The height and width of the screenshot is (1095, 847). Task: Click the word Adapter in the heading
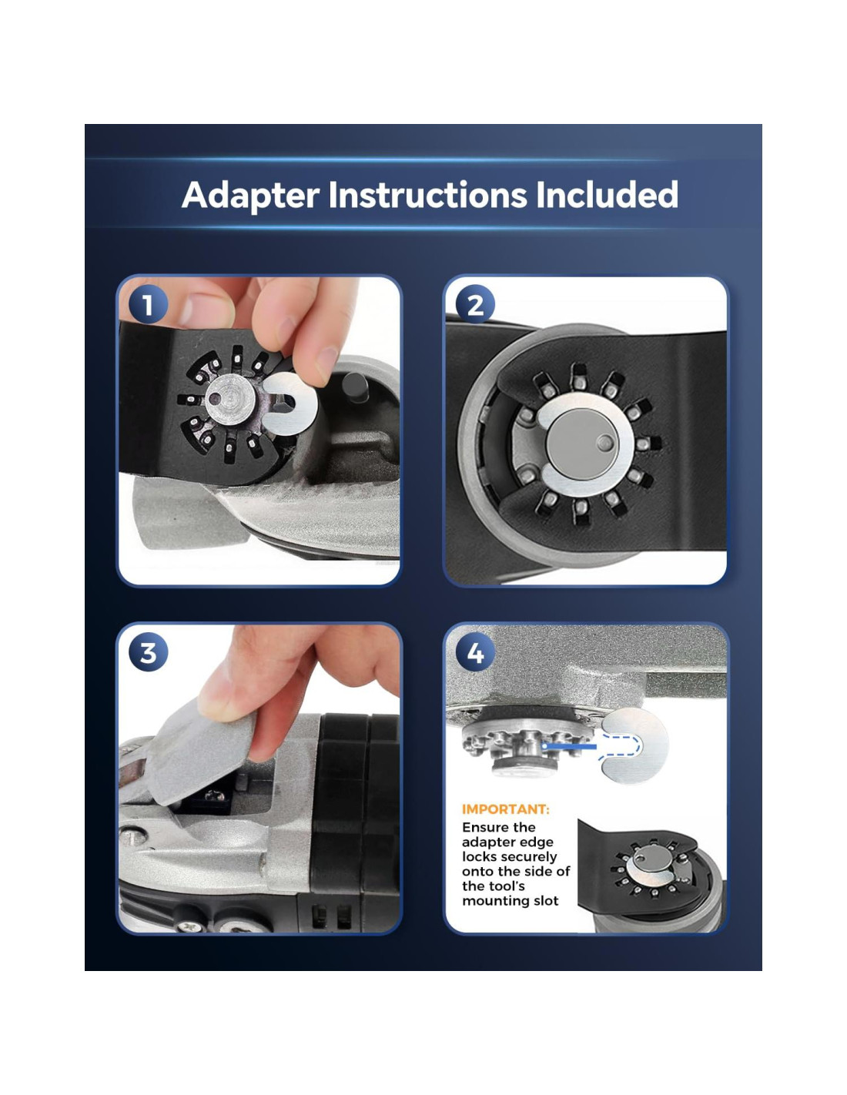pos(250,196)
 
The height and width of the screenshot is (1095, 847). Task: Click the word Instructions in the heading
pos(427,195)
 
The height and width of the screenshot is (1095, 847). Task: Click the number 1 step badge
pos(148,305)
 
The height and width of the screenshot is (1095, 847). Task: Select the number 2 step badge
pos(474,305)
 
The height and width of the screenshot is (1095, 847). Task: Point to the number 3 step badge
pos(148,653)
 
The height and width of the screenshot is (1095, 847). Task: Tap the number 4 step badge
pos(474,653)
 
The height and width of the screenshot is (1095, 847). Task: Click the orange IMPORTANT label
pos(505,809)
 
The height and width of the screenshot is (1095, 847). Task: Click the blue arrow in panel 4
pos(569,746)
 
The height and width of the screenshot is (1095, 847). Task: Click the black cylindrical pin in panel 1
pos(355,387)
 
